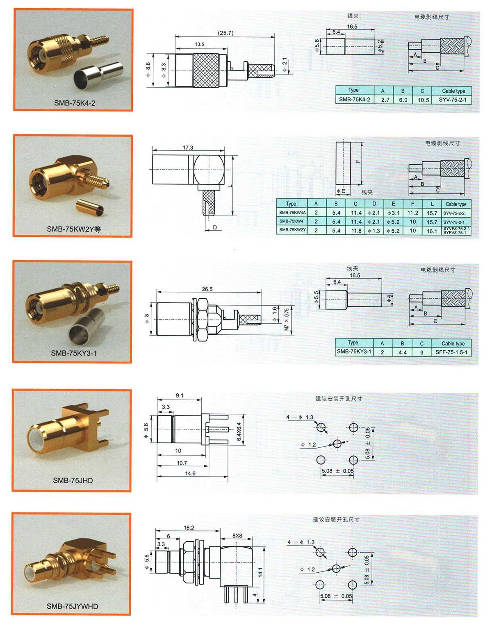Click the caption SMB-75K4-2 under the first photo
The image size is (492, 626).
point(74,103)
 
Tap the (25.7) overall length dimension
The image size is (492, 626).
point(225,33)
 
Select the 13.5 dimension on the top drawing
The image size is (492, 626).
point(199,44)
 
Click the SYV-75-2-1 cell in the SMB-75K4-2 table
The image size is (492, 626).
point(453,100)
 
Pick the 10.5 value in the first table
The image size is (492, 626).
point(423,100)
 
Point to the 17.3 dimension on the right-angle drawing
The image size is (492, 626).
point(188,147)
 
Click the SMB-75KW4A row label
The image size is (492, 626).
point(292,213)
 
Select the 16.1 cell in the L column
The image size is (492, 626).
point(431,231)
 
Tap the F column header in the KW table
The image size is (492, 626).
point(412,204)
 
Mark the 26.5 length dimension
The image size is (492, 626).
point(207,289)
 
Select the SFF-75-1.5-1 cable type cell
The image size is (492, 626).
point(451,352)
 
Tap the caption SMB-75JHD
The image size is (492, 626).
point(73,480)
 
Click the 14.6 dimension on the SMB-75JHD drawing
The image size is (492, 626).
point(190,473)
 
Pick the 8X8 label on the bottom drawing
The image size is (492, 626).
point(237,535)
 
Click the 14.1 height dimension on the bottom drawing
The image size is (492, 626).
point(260,572)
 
